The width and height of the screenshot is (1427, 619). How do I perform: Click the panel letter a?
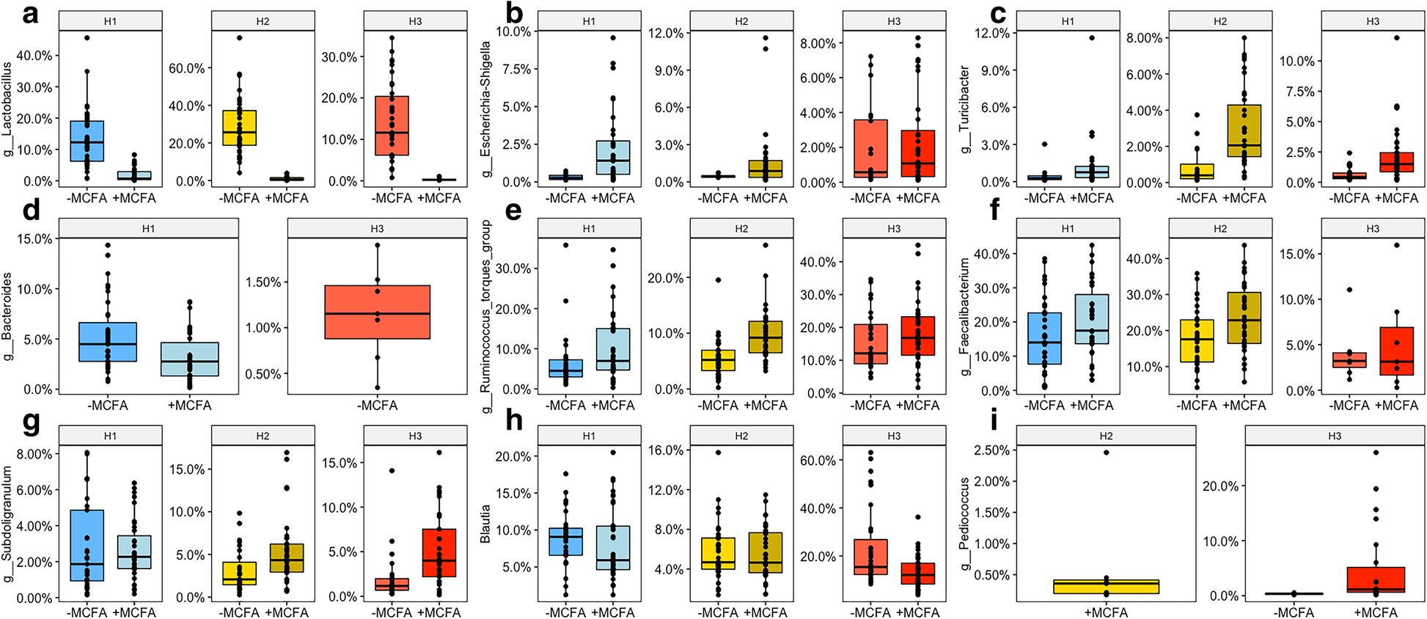coord(29,13)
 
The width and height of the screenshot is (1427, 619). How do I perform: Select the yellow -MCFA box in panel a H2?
coord(239,128)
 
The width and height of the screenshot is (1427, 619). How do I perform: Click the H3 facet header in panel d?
coord(377,229)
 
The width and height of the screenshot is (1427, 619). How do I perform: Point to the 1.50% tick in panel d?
coord(263,282)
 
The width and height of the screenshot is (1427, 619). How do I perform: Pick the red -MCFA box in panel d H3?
coord(377,312)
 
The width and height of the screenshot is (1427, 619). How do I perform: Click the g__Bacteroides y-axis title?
coord(7,317)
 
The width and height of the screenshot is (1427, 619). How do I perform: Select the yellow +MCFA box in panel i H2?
coord(1106,587)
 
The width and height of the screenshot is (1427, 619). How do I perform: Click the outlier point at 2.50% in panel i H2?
coord(1106,453)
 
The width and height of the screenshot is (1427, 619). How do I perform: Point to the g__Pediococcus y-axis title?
coord(965,524)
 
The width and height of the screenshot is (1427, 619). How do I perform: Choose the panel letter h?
coord(514,421)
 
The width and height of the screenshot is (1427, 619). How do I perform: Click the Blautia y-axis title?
coord(484,522)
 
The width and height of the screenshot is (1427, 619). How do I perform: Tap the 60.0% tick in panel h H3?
coord(818,461)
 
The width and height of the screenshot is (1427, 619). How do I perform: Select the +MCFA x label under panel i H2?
coord(1106,612)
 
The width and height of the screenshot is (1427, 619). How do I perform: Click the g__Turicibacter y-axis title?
coord(965,109)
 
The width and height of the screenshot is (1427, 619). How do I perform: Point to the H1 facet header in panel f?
coord(1068,229)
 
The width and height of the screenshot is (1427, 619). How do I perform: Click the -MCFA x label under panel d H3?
coord(377,406)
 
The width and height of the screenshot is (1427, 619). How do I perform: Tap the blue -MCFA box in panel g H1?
coord(87,546)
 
